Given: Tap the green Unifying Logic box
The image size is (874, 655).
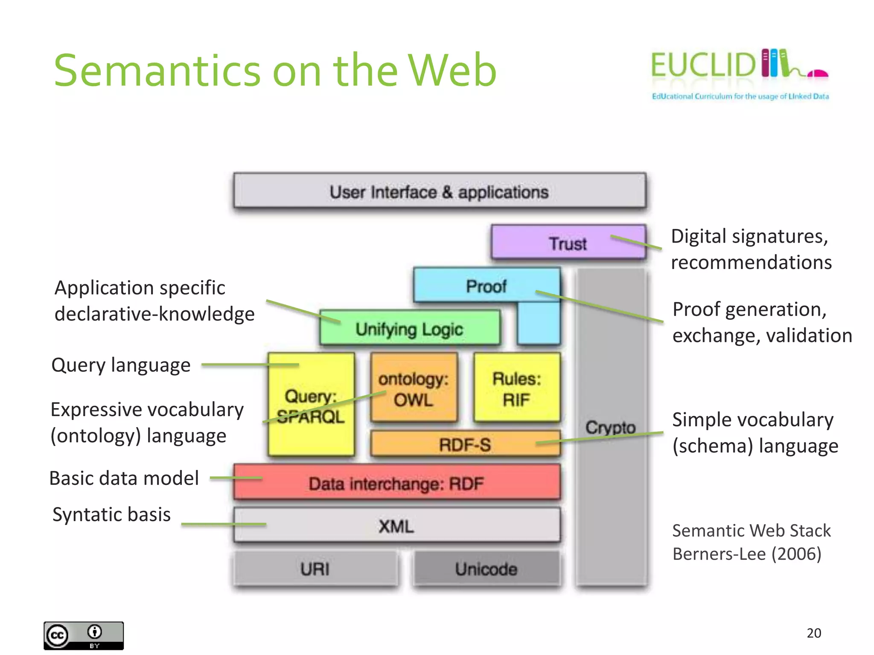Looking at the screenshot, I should [409, 328].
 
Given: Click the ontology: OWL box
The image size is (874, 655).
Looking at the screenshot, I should [414, 388].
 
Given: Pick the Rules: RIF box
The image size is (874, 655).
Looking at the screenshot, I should [517, 388].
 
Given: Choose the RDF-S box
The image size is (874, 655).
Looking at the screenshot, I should [465, 444].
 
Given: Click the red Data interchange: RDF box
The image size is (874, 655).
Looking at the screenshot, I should [396, 483].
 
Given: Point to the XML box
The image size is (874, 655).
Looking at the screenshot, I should [396, 525].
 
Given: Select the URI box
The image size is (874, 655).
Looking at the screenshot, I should [315, 568].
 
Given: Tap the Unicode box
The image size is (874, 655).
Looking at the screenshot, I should [486, 568].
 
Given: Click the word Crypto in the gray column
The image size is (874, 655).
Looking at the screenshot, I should [610, 427].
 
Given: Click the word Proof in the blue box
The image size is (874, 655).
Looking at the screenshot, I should [486, 286].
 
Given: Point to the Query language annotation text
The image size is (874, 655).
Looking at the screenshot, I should [121, 365].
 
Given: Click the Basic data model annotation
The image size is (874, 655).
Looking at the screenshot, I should [124, 478].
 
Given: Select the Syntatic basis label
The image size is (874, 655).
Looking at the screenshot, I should [111, 514].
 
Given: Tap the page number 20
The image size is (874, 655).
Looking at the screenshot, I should [813, 633].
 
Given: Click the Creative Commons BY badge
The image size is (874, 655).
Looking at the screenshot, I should [84, 635].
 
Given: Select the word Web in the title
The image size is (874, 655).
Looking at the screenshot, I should [452, 70].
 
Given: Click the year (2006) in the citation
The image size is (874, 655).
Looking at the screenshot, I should [796, 554].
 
